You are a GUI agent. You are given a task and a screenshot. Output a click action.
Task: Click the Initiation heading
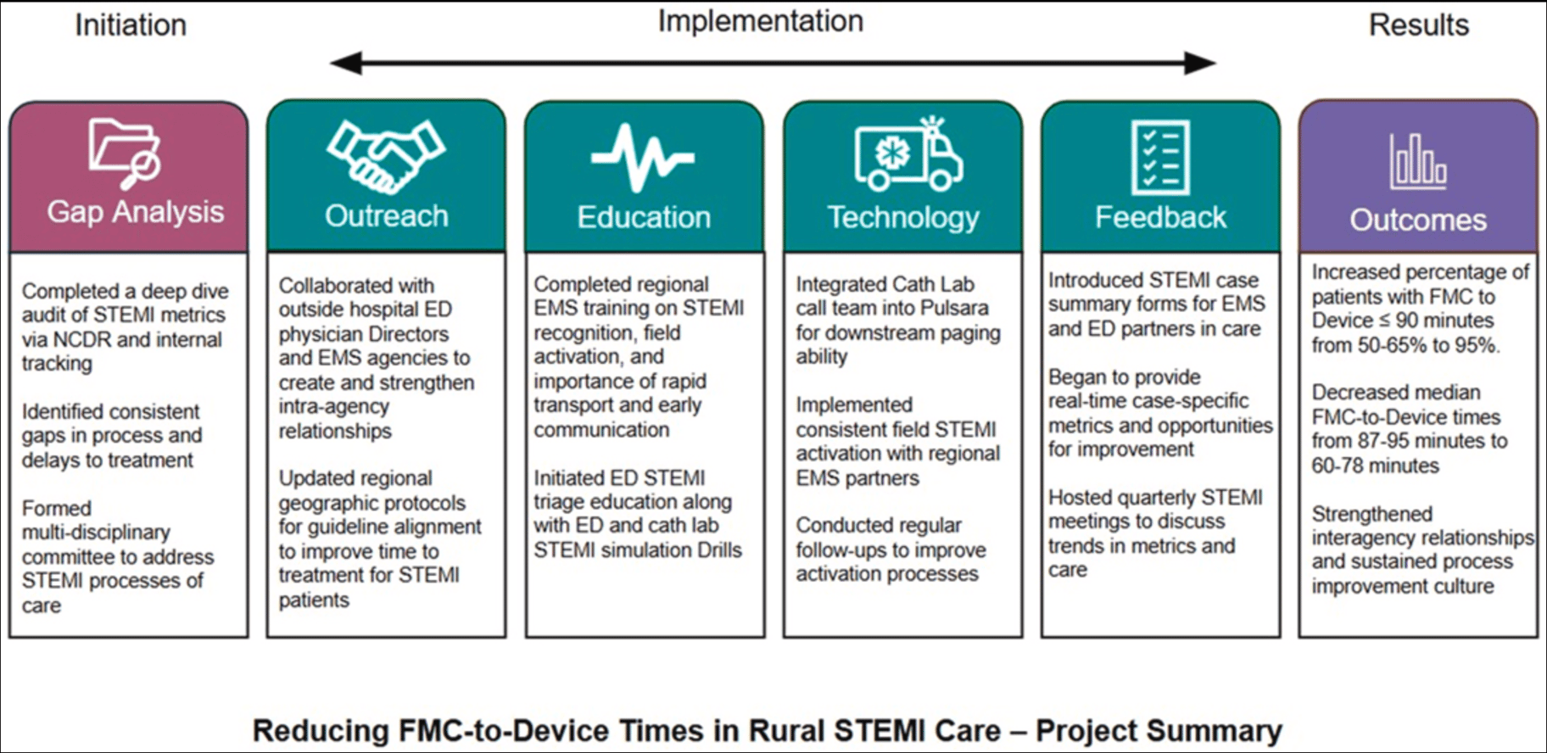pyautogui.click(x=131, y=25)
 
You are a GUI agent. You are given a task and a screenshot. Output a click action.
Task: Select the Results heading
pyautogui.click(x=1418, y=25)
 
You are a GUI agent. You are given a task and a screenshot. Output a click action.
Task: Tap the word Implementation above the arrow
pyautogui.click(x=760, y=21)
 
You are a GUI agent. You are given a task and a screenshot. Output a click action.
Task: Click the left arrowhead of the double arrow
pyautogui.click(x=346, y=63)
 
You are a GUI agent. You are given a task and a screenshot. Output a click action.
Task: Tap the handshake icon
pyautogui.click(x=386, y=155)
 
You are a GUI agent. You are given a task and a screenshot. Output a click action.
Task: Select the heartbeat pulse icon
pyautogui.click(x=643, y=157)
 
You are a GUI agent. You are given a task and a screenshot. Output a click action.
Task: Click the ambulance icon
pyautogui.click(x=908, y=154)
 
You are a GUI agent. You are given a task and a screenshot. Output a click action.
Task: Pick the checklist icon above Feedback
pyautogui.click(x=1159, y=157)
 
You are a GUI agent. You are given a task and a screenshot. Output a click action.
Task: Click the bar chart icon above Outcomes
pyautogui.click(x=1417, y=162)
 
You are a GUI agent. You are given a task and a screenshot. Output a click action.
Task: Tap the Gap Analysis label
pyautogui.click(x=136, y=212)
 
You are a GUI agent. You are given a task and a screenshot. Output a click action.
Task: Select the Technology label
pyautogui.click(x=903, y=218)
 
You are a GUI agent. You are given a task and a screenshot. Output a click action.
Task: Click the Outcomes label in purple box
pyautogui.click(x=1418, y=220)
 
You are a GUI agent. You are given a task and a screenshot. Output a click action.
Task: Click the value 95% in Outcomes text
pyautogui.click(x=1477, y=345)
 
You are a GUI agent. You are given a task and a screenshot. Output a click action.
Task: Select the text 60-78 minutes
pyautogui.click(x=1375, y=466)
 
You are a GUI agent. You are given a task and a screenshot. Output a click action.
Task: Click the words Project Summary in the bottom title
pyautogui.click(x=1159, y=731)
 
